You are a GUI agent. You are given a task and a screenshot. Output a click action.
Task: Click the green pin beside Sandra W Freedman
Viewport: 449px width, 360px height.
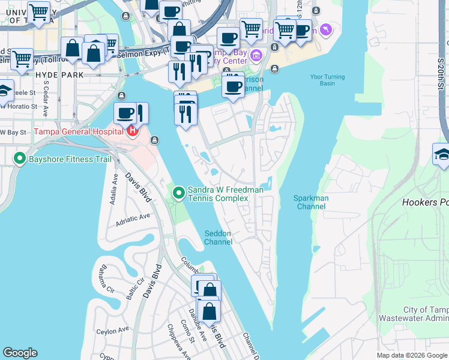[178, 193]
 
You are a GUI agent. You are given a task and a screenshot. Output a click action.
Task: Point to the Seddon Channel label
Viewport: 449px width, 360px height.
[218, 238]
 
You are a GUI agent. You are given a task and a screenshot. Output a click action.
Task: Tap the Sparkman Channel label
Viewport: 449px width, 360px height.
[310, 202]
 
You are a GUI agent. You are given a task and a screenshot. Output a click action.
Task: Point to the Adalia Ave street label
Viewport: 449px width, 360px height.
[113, 190]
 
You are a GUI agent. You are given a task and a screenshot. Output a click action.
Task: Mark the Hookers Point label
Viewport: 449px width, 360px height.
[425, 202]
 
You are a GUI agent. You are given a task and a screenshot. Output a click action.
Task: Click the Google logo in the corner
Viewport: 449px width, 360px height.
[20, 353]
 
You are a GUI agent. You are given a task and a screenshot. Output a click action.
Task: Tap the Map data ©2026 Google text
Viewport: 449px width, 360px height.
[411, 355]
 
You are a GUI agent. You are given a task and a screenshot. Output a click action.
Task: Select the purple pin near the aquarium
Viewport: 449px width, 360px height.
[325, 29]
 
